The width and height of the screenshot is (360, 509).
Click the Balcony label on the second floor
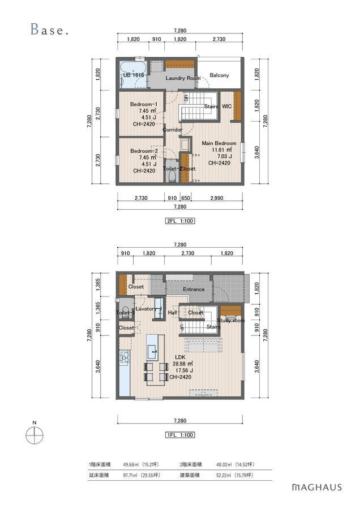coord(219,75)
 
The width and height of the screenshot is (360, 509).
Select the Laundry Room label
coord(183,78)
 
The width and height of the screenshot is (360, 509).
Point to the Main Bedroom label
coord(219,143)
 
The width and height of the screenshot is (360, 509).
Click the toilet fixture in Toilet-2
coord(173,176)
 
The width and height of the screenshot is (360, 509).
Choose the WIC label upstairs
coord(227,106)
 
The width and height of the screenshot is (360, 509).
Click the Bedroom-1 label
coord(144,104)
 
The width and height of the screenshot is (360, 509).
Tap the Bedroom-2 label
coord(144,151)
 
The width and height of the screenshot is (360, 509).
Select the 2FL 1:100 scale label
coord(180,221)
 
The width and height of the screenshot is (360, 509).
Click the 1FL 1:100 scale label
coord(180,435)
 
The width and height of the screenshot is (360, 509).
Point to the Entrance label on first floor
coord(194,289)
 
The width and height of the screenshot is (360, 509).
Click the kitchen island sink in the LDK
coord(152,351)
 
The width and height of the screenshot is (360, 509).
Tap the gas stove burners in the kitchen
coord(125,357)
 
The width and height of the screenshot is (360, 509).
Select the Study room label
coord(231,321)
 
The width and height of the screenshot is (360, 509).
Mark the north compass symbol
coord(35,435)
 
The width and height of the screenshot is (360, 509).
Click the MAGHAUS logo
coord(317,488)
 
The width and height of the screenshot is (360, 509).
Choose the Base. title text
coord(50,29)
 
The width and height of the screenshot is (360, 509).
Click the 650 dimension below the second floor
coord(186,198)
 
